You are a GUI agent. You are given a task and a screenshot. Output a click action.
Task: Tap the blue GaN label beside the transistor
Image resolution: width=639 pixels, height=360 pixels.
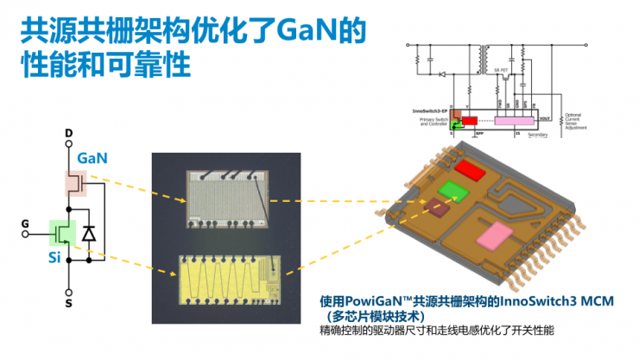93,158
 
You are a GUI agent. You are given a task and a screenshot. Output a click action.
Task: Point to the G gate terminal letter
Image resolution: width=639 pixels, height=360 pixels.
26,225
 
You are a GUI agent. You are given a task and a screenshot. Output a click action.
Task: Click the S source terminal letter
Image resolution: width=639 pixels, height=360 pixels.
68,304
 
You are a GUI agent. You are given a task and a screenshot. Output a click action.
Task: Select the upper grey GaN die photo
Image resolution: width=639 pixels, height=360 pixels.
226,198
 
